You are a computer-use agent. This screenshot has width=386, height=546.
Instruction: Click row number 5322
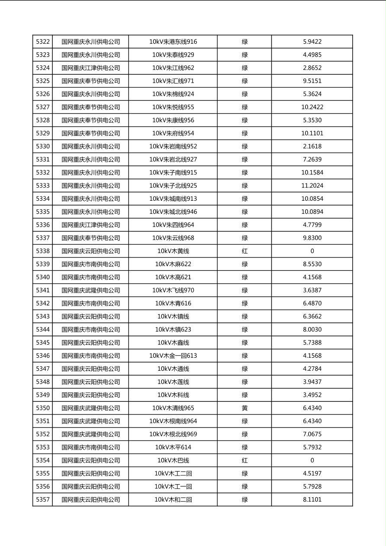(x=43, y=42)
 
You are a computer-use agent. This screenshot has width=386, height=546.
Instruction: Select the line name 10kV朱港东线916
(x=173, y=42)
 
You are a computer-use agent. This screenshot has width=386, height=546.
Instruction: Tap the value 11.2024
(x=312, y=186)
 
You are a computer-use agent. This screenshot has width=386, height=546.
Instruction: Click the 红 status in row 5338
(x=244, y=251)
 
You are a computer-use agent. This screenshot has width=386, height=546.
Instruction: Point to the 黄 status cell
(x=244, y=408)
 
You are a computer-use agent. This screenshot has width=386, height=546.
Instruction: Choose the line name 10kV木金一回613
(x=173, y=356)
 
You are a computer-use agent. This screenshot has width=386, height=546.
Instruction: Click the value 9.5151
(x=312, y=81)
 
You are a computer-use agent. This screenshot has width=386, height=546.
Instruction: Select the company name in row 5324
(x=91, y=68)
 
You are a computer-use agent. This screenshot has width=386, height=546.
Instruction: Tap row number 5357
(x=43, y=500)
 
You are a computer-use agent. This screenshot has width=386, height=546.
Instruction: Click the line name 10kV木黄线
(x=173, y=251)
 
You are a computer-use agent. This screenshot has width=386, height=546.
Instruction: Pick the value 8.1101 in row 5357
(x=312, y=500)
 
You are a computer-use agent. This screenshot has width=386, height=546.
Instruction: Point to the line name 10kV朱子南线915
(x=173, y=173)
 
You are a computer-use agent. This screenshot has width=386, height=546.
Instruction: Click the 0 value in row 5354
(x=312, y=460)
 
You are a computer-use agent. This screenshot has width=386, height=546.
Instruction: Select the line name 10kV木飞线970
(x=173, y=290)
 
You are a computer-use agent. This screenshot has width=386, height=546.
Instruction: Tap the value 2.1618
(x=312, y=146)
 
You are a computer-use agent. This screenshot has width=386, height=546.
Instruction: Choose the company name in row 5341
(x=91, y=290)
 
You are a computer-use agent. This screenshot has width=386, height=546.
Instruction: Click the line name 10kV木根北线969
(x=173, y=434)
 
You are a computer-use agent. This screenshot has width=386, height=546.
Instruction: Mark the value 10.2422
(x=312, y=107)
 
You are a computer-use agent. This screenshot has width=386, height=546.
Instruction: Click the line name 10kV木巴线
(x=173, y=460)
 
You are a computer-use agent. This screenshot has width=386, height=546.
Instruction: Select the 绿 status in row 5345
(x=244, y=343)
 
